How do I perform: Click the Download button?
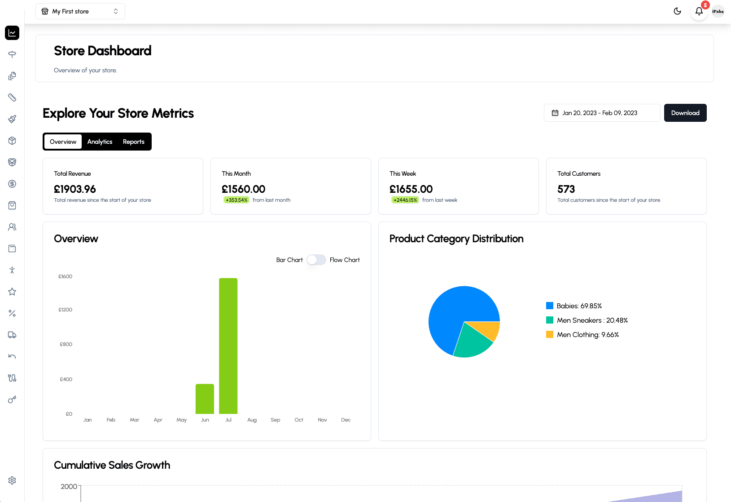click(x=685, y=113)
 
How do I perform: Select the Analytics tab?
click(x=100, y=142)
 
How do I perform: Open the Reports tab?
click(x=133, y=142)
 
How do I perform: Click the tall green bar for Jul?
click(x=228, y=346)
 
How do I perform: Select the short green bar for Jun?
click(x=205, y=399)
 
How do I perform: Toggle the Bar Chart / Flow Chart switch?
click(x=316, y=260)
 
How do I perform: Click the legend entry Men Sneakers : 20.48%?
click(x=592, y=320)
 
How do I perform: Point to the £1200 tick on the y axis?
click(x=66, y=310)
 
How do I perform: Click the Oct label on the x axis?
click(x=299, y=420)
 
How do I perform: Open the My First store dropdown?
click(x=80, y=11)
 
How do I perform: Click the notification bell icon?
click(x=699, y=11)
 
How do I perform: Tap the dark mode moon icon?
click(x=677, y=11)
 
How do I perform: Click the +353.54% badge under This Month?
click(x=236, y=200)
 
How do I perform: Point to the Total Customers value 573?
click(x=566, y=189)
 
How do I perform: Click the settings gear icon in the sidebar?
click(x=12, y=480)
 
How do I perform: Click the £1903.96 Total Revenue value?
click(x=75, y=189)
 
